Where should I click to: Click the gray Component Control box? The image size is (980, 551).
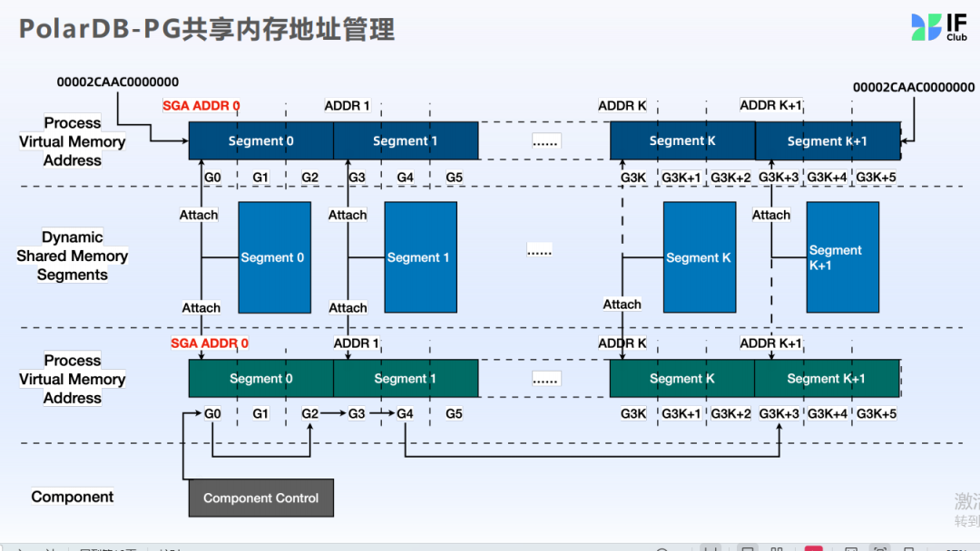260,498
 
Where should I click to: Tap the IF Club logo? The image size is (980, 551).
939,26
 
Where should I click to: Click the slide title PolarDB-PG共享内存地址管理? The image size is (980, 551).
207,29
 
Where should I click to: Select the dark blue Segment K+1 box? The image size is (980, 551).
827,140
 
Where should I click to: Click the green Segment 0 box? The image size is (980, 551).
260,378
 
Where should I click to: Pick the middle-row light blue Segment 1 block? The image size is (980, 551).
419,257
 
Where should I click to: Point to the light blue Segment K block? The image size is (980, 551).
699,257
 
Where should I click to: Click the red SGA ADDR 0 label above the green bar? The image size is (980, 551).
210,343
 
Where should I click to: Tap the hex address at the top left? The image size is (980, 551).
118,82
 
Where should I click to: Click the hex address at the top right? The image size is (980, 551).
914,87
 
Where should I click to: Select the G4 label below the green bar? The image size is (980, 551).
405,414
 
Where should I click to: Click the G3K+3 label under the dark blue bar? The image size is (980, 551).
779,177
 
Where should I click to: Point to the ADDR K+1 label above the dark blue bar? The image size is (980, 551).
770,105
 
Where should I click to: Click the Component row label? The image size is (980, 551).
73,497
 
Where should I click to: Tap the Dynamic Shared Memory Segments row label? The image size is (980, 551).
73,256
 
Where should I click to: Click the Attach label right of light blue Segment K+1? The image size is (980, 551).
771,215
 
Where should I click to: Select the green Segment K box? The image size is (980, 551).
681,378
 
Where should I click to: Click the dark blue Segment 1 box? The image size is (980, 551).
405,140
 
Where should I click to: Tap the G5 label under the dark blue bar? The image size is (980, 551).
454,177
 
